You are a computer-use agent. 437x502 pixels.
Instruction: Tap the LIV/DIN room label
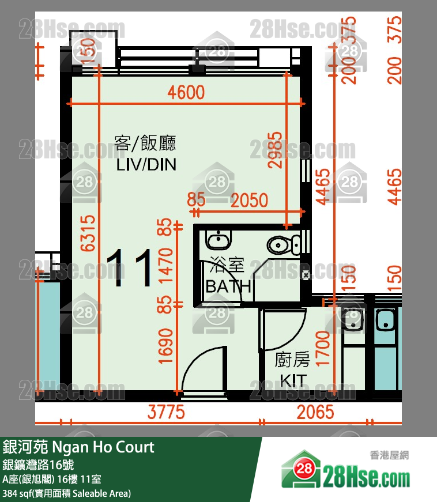[146, 165]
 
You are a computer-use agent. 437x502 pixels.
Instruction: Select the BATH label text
[228, 286]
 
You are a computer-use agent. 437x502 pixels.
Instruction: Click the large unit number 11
[131, 268]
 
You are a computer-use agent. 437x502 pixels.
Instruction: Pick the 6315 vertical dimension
[88, 233]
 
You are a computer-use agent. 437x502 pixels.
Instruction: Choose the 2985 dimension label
[274, 149]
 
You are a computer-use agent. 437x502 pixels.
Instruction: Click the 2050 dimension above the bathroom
[249, 200]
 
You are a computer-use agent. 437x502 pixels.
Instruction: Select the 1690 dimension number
[166, 346]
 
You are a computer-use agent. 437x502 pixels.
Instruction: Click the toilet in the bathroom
[283, 244]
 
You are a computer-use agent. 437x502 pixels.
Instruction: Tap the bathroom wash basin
[218, 239]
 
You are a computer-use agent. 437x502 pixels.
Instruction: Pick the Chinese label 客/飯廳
[145, 143]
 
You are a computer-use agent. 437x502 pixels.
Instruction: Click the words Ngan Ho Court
[103, 447]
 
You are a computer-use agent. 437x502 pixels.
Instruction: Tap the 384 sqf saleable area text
[66, 493]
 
